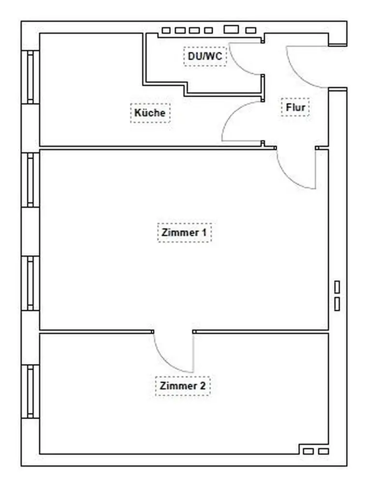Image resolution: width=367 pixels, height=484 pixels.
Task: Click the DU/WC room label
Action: click(x=205, y=56)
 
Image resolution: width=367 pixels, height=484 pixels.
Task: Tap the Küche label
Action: click(x=150, y=113)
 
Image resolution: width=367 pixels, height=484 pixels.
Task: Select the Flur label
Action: click(x=295, y=107)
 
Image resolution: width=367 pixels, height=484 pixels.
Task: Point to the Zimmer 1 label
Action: click(x=184, y=232)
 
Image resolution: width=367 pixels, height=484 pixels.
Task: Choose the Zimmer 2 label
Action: click(x=183, y=386)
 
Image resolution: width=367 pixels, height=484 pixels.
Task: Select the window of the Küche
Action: click(x=30, y=77)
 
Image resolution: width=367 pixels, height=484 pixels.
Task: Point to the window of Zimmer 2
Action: click(x=30, y=392)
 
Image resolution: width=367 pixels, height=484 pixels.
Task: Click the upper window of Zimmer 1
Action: click(x=30, y=180)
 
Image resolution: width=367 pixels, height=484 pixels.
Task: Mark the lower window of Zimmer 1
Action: click(x=30, y=283)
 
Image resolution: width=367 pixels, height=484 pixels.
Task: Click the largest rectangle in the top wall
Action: click(x=231, y=30)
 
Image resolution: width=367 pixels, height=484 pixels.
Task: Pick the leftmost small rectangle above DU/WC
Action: click(x=166, y=30)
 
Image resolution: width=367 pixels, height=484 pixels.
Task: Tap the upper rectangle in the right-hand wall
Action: click(x=337, y=287)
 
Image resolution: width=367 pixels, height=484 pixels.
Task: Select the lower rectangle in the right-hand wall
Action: click(x=337, y=304)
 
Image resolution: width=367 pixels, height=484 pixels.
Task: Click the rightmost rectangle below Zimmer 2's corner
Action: click(x=323, y=451)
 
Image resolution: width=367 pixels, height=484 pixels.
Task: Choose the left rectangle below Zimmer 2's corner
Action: click(x=308, y=451)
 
